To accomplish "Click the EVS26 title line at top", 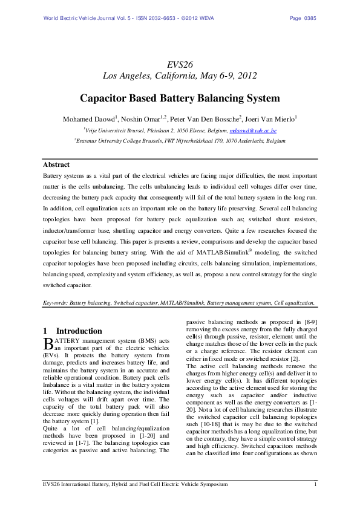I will [180, 64].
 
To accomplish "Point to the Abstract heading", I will [56, 164].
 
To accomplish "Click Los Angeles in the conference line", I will [126, 76].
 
